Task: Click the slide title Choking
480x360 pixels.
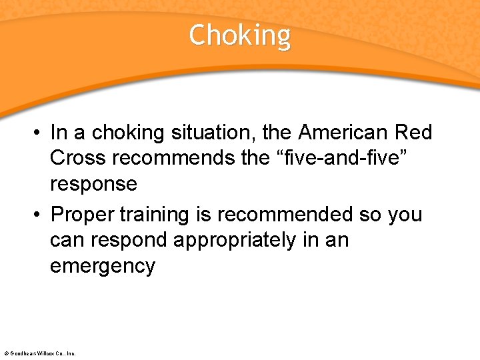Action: pyautogui.click(x=239, y=35)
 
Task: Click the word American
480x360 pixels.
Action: pyautogui.click(x=344, y=133)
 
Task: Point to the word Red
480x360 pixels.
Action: pyautogui.click(x=414, y=133)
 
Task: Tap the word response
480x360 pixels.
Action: pyautogui.click(x=93, y=183)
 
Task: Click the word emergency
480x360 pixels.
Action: pyautogui.click(x=102, y=265)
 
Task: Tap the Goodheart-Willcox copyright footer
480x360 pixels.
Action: pyautogui.click(x=40, y=353)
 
